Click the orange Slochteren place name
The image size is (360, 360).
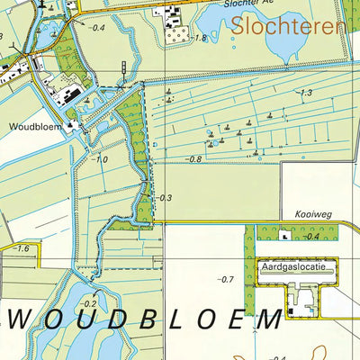click(x=287, y=26)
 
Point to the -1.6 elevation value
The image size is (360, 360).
click(x=21, y=248)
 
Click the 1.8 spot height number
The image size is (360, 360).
click(x=200, y=38)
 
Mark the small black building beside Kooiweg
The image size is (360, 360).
click(x=285, y=236)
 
